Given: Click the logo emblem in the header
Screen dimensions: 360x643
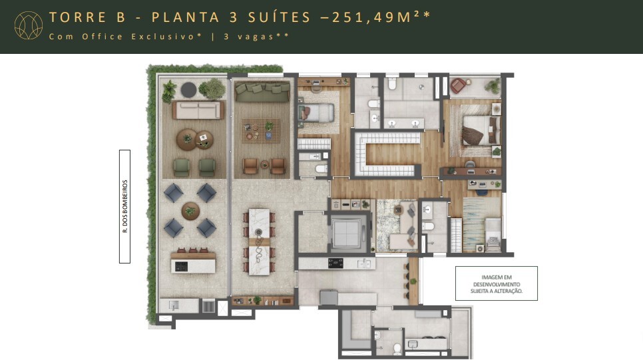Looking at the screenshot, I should tap(28, 26).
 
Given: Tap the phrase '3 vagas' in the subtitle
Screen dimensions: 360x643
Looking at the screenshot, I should tap(256, 37).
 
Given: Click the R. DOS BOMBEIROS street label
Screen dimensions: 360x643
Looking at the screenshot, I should tap(124, 206).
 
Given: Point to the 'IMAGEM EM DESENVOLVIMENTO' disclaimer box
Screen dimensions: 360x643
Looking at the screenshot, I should tap(497, 283).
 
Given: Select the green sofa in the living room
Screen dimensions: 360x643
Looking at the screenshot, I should tap(263, 93).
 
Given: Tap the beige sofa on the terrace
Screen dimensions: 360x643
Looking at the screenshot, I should tap(196, 110).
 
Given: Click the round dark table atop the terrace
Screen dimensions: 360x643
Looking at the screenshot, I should tap(189, 89).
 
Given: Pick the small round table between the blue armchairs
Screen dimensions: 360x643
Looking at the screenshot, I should tap(190, 211).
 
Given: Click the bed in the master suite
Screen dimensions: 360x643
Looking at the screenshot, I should tap(478, 128).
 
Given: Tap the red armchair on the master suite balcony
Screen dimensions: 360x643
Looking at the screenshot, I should tap(459, 85).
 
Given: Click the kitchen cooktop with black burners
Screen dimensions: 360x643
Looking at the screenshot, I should tap(334, 264).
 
